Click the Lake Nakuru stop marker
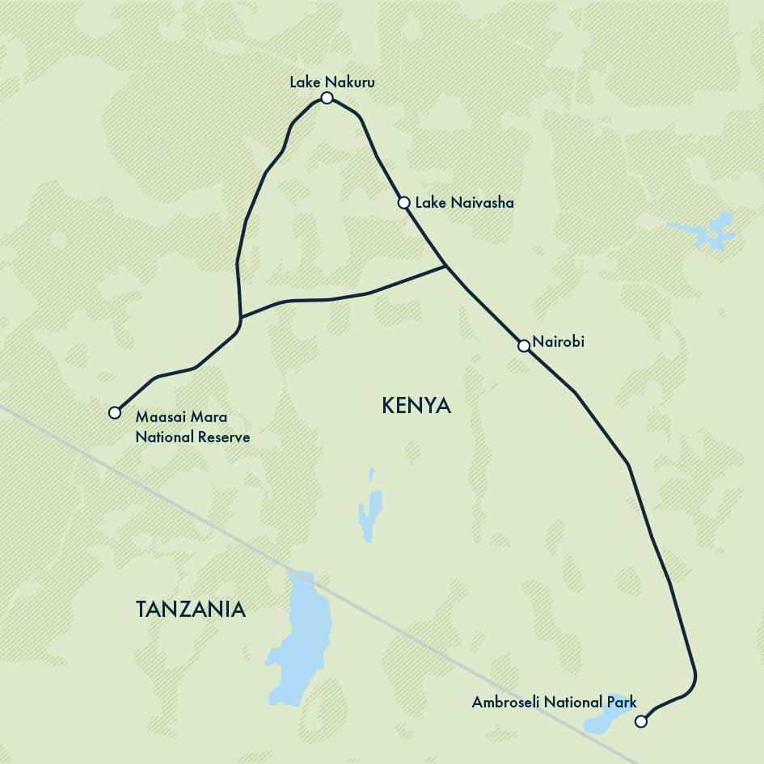327,98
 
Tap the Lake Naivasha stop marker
404,202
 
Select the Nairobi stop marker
524,346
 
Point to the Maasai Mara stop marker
115,412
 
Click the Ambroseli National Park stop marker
641,721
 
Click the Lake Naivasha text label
464,202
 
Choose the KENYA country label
416,406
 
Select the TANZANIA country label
190,609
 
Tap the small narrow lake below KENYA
369,509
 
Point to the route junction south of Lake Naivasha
445,266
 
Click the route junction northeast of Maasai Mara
241,316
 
